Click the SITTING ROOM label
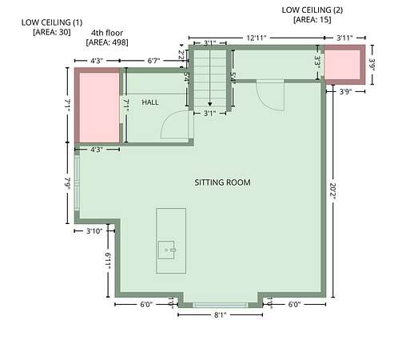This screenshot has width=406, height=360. [222, 182]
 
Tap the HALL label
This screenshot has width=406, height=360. [150, 102]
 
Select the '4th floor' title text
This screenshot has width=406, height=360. [107, 33]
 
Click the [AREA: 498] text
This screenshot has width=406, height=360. [107, 42]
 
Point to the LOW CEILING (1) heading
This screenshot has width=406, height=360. [52, 22]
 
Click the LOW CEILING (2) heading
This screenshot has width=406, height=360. [312, 10]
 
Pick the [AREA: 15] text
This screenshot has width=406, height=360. [312, 20]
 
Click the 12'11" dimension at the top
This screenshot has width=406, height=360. [257, 38]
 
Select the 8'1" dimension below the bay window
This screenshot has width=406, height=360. [221, 315]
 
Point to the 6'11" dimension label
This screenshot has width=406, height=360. [108, 261]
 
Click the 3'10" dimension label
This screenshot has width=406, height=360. [94, 231]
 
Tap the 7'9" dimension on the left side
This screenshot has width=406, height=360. [68, 183]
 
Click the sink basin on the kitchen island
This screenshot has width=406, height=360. [166, 250]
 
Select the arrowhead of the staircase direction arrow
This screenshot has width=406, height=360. [210, 104]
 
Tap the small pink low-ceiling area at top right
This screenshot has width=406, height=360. [342, 65]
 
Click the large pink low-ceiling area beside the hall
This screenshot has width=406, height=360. [99, 108]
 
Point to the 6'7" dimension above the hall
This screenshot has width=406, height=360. [154, 61]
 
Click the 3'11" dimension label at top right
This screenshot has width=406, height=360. [344, 38]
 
